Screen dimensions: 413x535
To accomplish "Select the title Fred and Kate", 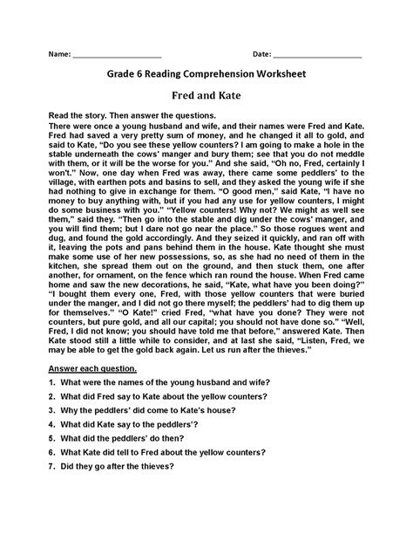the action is pyautogui.click(x=206, y=95).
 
